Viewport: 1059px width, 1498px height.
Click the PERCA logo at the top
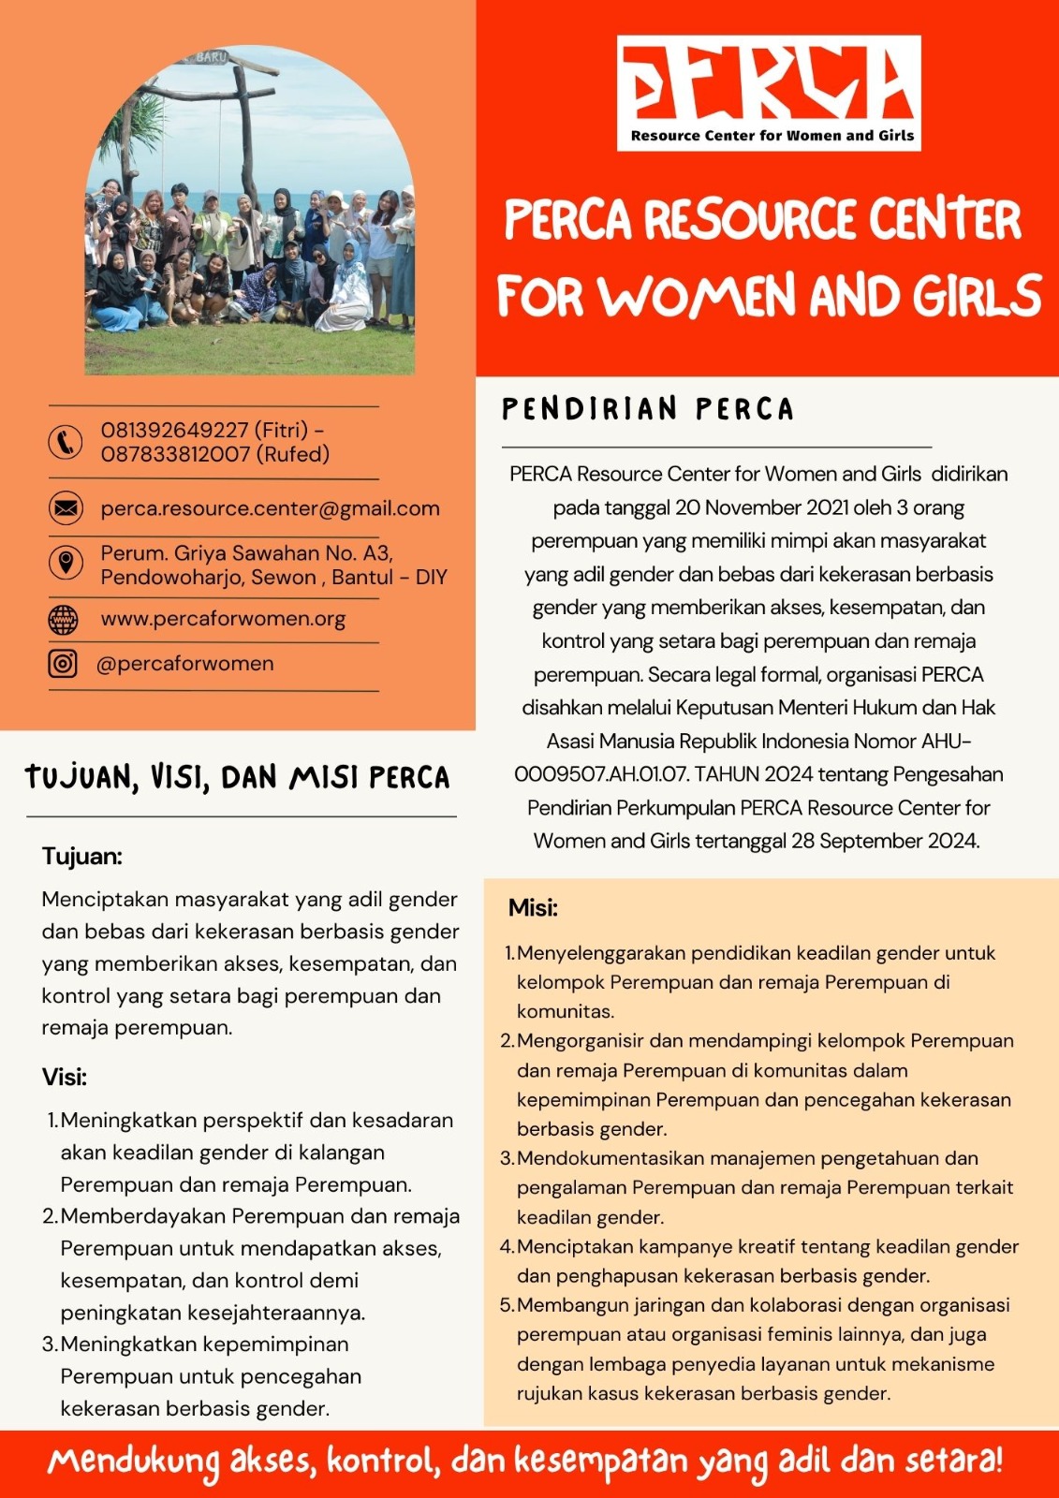[x=769, y=93]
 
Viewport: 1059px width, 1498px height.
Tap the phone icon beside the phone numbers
[x=65, y=442]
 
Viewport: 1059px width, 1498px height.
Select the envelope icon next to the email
[x=65, y=508]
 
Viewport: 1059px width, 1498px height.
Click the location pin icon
[x=65, y=563]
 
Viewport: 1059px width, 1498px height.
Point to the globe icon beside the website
[x=63, y=619]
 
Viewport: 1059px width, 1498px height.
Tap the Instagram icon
[x=63, y=663]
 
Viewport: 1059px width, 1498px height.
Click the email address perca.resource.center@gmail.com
[x=270, y=508]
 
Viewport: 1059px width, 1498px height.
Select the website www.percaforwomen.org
[x=223, y=619]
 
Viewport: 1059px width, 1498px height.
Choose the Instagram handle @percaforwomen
[x=185, y=663]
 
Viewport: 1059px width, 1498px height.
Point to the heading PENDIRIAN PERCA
[x=648, y=409]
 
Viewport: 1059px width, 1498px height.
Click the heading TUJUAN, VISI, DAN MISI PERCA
[x=238, y=777]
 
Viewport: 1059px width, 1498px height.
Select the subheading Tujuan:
[x=82, y=856]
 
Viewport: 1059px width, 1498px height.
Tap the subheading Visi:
[x=65, y=1077]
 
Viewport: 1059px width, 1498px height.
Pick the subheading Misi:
[x=533, y=907]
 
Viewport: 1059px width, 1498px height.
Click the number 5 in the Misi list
[x=506, y=1305]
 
